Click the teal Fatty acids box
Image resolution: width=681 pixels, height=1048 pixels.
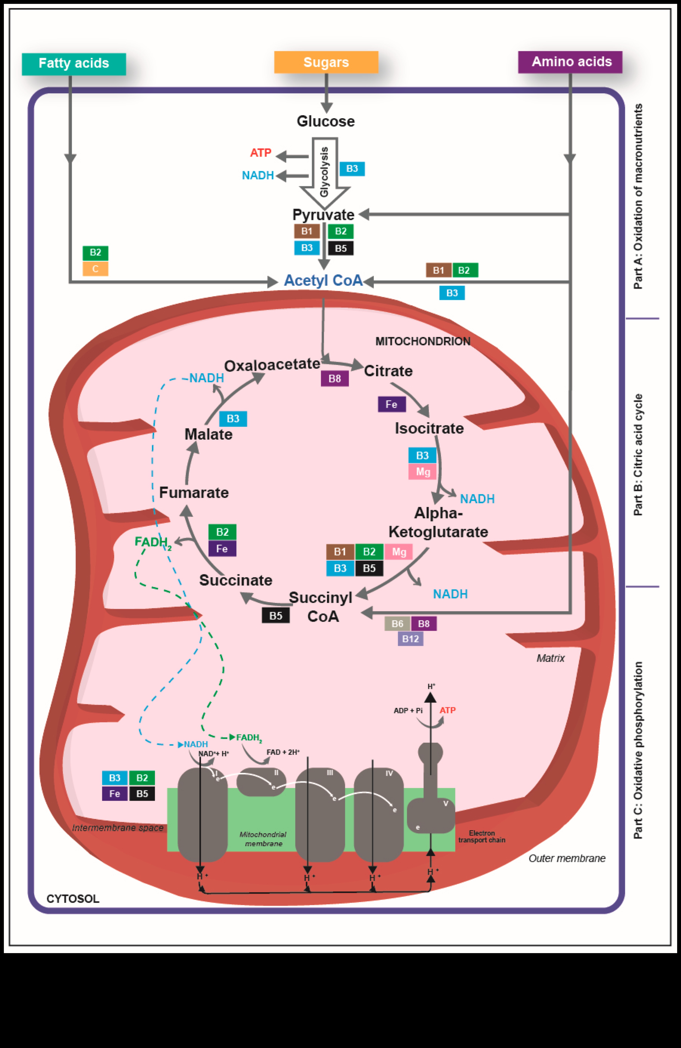(x=74, y=64)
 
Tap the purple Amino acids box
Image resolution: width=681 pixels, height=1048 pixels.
(x=570, y=62)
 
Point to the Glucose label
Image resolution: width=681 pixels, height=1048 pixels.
(x=326, y=121)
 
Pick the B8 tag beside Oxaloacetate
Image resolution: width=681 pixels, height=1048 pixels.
(x=335, y=378)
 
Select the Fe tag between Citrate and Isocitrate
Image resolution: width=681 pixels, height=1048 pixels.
(x=391, y=404)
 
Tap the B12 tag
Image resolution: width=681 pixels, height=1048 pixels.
(x=410, y=639)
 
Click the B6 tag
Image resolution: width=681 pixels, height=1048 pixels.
(x=397, y=623)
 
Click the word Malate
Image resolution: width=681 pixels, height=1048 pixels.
(x=208, y=434)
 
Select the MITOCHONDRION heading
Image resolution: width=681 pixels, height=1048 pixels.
(x=423, y=341)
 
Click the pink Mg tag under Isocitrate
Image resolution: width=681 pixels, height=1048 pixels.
(x=423, y=472)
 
